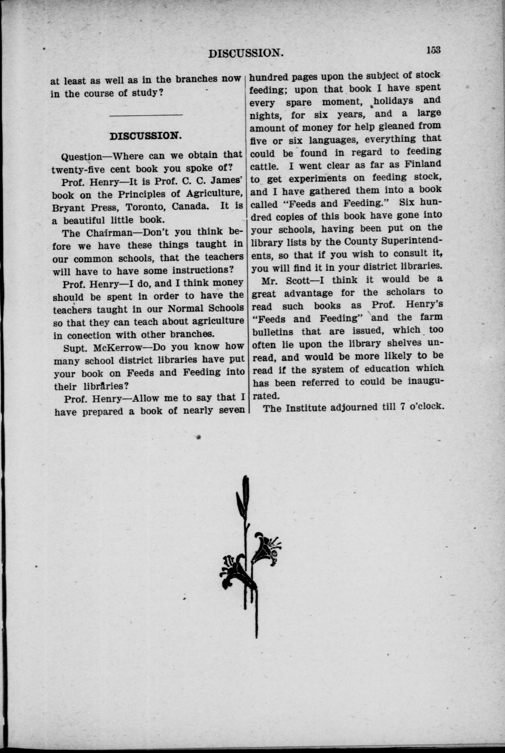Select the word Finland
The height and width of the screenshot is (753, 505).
423,164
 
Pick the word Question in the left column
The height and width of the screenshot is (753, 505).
82,157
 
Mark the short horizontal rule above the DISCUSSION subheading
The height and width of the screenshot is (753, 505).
146,115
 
